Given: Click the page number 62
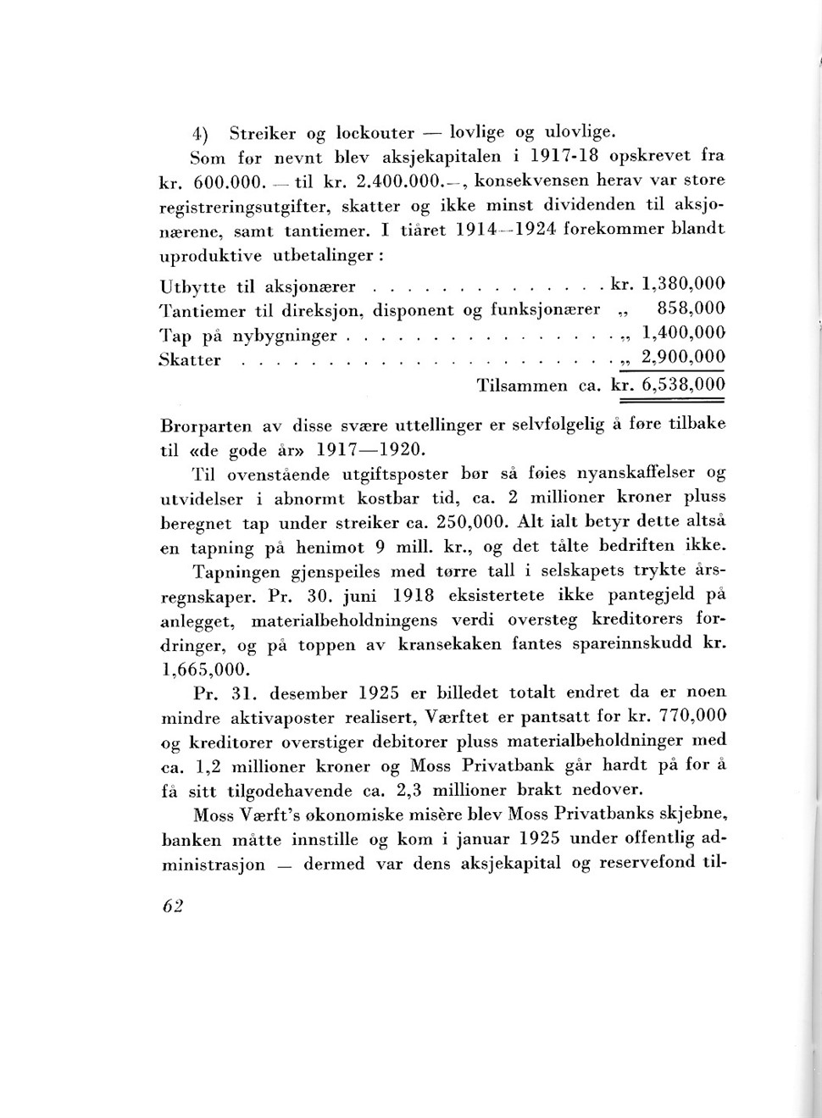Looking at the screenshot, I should pyautogui.click(x=173, y=905).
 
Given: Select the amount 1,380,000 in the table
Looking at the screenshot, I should pyautogui.click(x=683, y=283).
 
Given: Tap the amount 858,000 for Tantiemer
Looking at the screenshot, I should pyautogui.click(x=691, y=309).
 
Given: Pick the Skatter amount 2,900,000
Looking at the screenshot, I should pyautogui.click(x=683, y=357).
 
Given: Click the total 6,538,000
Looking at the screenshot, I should pyautogui.click(x=683, y=385).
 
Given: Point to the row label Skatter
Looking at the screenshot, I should pyautogui.click(x=190, y=359).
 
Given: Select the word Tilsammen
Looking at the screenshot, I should pyautogui.click(x=522, y=386).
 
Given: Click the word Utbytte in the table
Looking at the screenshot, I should pyautogui.click(x=192, y=286).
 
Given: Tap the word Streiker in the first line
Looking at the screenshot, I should pyautogui.click(x=263, y=133).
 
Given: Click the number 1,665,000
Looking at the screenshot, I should pyautogui.click(x=205, y=669).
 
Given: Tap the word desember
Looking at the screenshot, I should pyautogui.click(x=308, y=692).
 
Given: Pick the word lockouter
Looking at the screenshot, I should pyautogui.click(x=375, y=133).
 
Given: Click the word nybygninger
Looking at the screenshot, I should pyautogui.click(x=285, y=336).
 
